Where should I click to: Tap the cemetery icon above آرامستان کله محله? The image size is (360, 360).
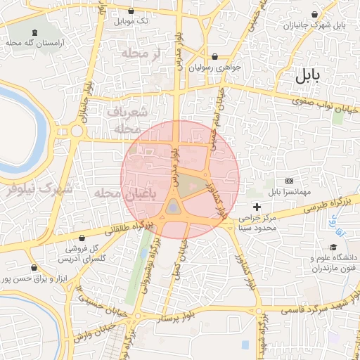[34, 32]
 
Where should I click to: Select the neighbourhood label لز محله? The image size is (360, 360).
[141, 53]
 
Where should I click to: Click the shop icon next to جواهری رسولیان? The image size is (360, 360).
[214, 57]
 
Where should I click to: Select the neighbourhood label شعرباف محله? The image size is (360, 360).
[127, 120]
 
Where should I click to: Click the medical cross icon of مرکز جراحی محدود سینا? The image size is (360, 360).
[257, 207]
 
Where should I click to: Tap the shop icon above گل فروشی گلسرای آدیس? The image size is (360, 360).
[83, 238]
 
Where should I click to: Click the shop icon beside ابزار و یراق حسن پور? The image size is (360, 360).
[34, 268]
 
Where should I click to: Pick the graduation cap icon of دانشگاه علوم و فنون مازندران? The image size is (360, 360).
[334, 248]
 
